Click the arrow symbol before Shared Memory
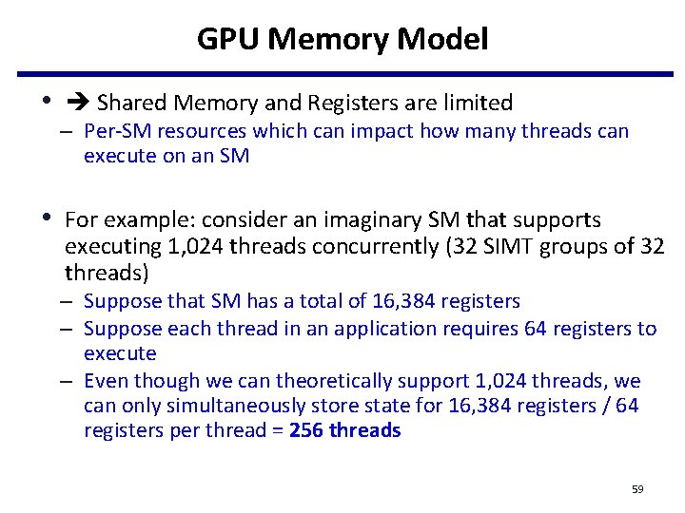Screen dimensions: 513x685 coord(76,103)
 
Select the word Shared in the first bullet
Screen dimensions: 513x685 coord(130,103)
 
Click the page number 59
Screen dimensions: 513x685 coord(637,489)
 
